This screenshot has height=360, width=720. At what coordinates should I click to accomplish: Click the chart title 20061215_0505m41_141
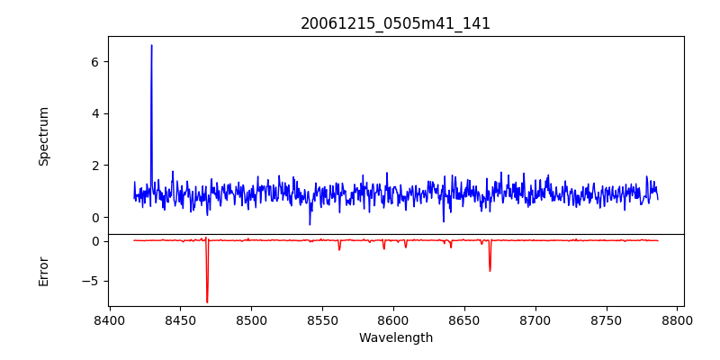[395, 23]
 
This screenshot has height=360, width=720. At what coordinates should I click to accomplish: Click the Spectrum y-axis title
[43, 136]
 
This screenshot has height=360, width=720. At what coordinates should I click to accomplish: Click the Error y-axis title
[43, 271]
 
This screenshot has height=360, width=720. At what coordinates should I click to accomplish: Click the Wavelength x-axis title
[395, 338]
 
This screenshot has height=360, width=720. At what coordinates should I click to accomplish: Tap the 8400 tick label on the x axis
[109, 319]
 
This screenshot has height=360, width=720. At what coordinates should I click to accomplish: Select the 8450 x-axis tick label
[180, 319]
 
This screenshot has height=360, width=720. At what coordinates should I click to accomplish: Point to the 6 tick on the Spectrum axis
[94, 61]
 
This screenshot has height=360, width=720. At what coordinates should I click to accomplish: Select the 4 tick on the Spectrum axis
[94, 113]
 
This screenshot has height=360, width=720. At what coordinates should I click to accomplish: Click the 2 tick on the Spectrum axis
[94, 166]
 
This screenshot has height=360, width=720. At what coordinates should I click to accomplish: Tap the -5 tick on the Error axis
[90, 281]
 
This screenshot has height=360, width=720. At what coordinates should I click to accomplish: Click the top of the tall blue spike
[151, 45]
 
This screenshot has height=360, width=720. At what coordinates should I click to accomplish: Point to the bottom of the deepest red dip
[207, 302]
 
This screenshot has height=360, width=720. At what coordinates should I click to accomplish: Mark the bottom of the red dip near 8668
[490, 271]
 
